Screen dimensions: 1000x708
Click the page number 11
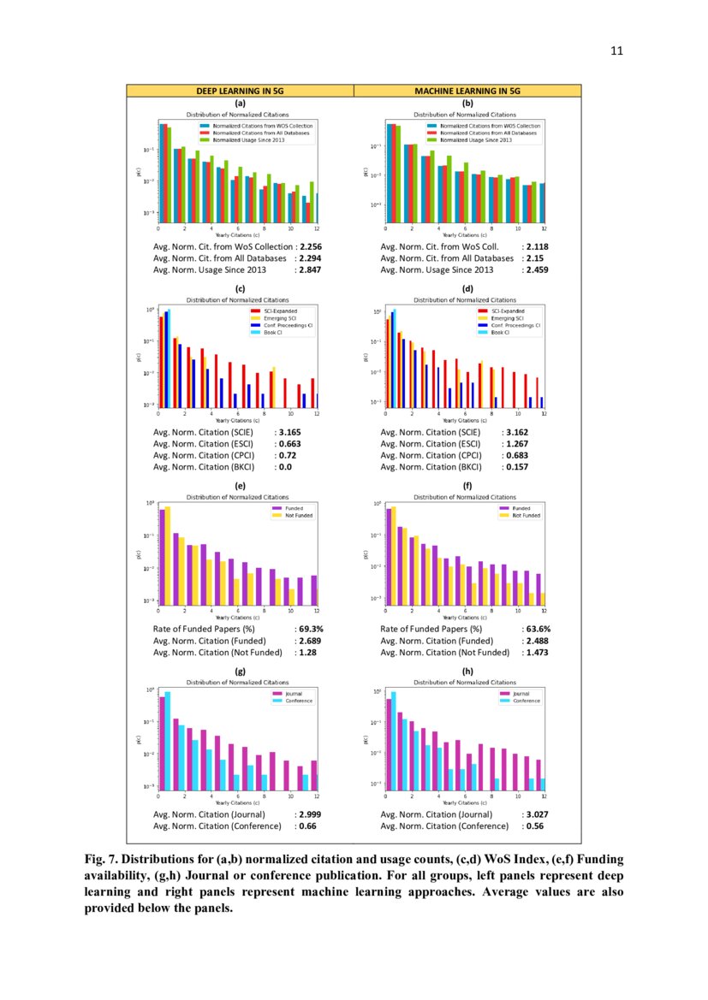click(616, 50)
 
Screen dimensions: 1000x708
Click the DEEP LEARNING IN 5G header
click(240, 91)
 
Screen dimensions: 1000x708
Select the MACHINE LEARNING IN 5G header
click(467, 91)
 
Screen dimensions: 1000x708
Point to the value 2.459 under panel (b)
click(538, 269)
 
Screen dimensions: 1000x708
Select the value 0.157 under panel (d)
click(517, 467)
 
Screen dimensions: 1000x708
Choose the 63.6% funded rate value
click(538, 630)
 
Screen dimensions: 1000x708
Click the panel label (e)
click(240, 486)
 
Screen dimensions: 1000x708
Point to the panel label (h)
click(467, 672)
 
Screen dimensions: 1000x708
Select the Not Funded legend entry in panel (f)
click(526, 516)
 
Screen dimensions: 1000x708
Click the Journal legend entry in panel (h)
click(521, 694)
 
